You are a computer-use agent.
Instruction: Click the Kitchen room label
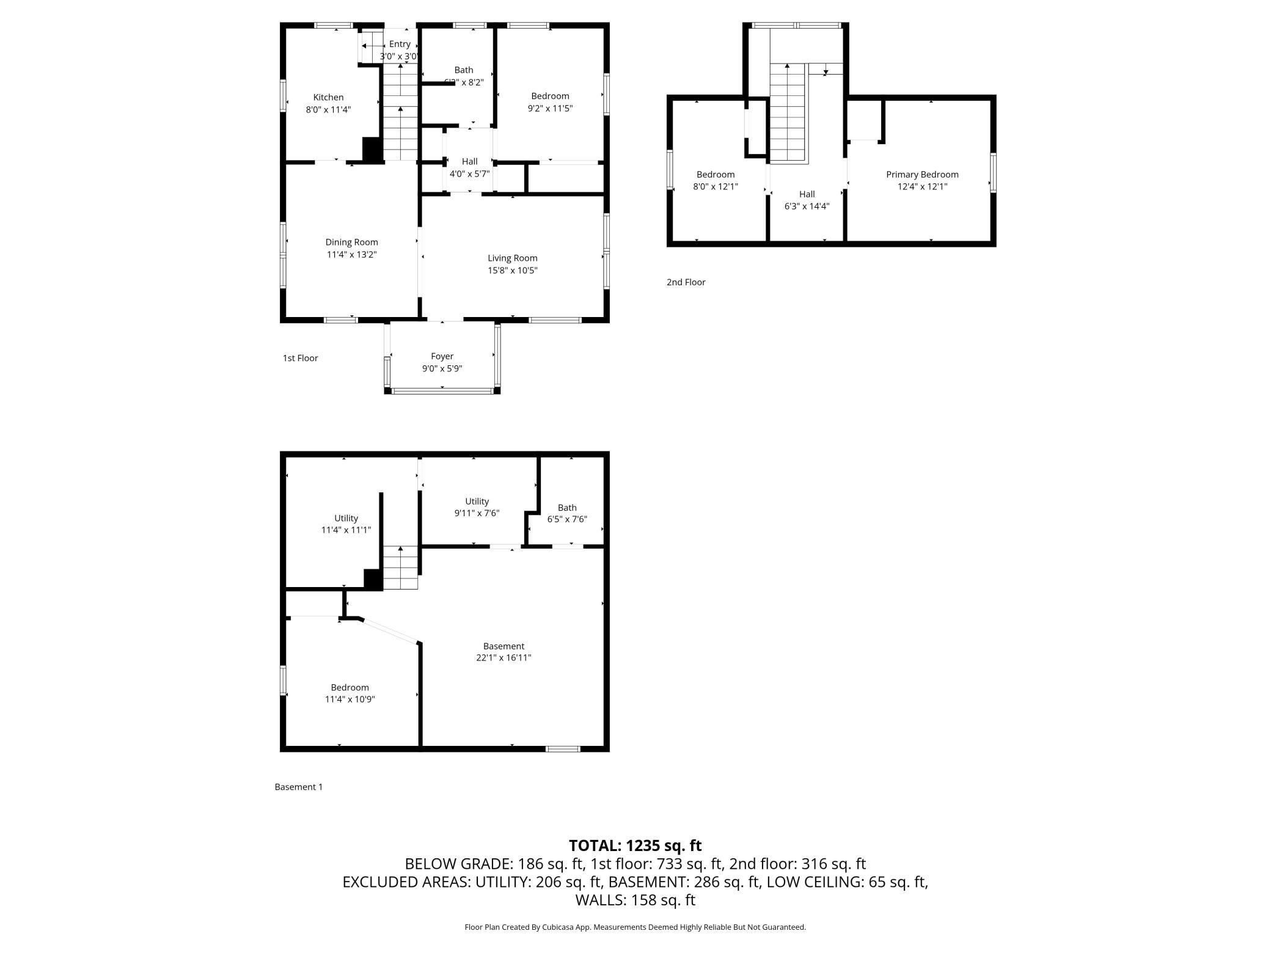click(328, 97)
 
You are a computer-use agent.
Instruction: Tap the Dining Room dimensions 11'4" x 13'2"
click(351, 255)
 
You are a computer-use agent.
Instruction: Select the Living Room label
click(512, 258)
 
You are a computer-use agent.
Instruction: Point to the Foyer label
click(442, 356)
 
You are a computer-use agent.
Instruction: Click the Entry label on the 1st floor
click(400, 44)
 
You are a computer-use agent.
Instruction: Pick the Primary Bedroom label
click(922, 175)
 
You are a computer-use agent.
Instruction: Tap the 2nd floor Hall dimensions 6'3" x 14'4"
click(807, 206)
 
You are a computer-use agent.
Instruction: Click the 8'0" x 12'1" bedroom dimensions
click(716, 187)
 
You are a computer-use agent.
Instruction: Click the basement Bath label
click(567, 508)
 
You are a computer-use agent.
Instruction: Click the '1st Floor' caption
click(300, 358)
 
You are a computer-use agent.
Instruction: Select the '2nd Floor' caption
click(686, 282)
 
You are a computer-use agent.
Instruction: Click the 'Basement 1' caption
click(298, 787)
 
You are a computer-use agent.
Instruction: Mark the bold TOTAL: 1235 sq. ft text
click(635, 845)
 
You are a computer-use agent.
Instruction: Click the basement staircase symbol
click(400, 568)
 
